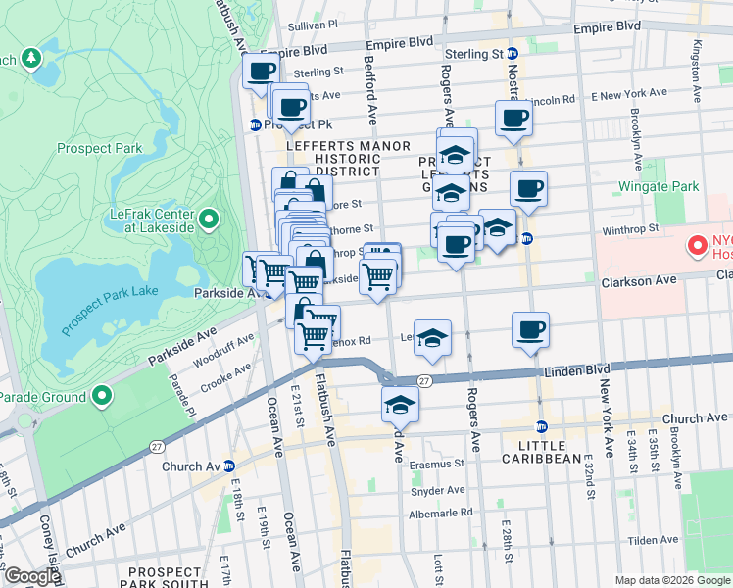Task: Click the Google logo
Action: click(31, 576)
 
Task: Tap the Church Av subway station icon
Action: click(228, 465)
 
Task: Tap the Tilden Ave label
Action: click(654, 540)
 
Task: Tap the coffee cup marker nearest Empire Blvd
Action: click(262, 71)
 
